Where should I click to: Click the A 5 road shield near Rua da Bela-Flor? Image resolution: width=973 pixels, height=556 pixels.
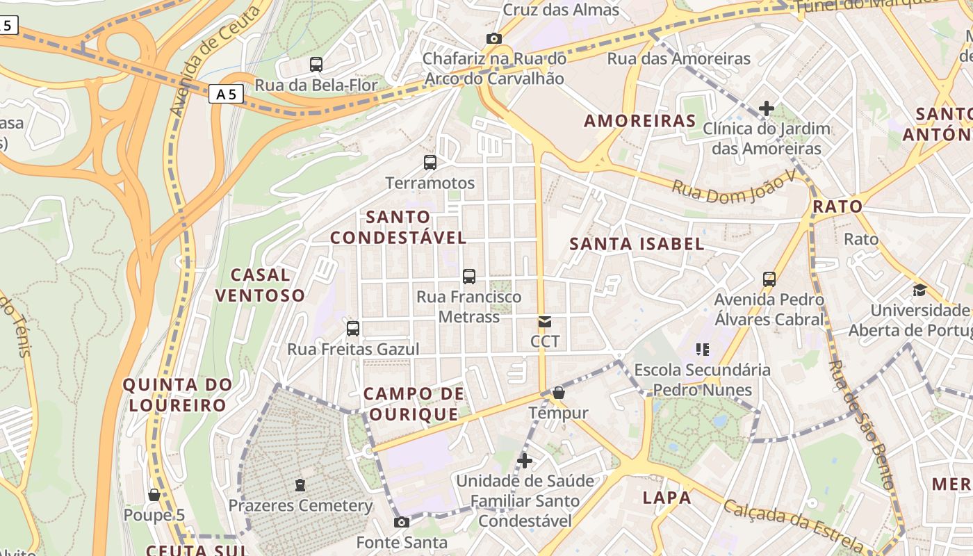coord(226,94)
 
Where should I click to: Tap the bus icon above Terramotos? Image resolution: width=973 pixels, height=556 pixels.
coord(430,163)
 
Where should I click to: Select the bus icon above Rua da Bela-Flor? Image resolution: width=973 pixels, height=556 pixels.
coord(316,65)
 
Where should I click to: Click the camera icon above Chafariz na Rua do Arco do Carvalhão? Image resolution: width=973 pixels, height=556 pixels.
coord(494,38)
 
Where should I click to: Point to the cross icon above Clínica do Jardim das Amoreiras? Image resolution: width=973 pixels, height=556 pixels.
coord(767,108)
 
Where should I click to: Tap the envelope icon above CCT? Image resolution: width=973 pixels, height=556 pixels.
coord(545,322)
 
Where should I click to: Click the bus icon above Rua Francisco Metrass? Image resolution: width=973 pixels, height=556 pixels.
coord(469,277)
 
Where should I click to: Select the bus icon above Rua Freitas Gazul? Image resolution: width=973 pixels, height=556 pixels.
coord(353,329)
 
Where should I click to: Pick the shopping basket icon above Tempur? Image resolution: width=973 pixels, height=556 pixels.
coord(558,393)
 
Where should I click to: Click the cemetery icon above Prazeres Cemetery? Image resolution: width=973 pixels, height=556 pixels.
coord(300,484)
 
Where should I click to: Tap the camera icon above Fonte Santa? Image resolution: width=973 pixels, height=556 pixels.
coord(402,522)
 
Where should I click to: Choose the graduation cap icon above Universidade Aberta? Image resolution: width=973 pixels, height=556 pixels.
coord(919,290)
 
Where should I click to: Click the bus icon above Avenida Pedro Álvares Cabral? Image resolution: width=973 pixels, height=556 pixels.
coord(769,279)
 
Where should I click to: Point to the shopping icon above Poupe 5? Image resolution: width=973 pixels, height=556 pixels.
coord(154,495)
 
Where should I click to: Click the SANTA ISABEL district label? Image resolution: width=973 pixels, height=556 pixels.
coord(637,244)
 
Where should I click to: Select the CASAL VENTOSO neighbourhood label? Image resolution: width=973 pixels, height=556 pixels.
coord(260,286)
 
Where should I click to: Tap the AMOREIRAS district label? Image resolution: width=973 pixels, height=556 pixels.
coord(640,121)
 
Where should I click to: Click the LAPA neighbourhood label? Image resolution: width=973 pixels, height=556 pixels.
coord(667,498)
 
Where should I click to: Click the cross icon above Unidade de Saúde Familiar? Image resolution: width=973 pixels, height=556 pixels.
coord(525,460)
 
